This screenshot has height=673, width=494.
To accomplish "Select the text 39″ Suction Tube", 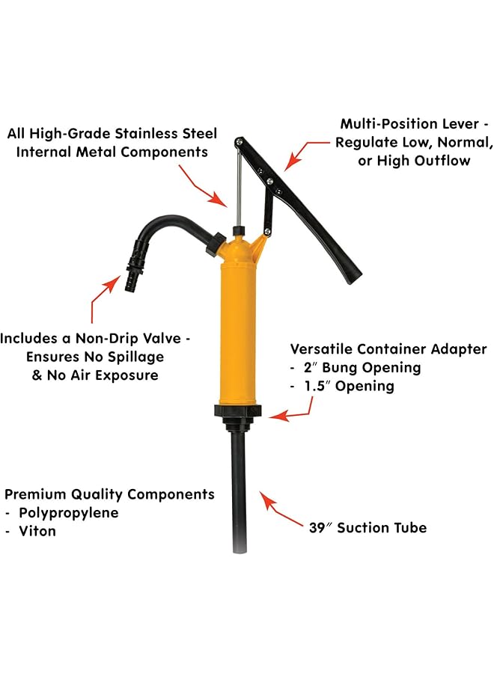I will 368,528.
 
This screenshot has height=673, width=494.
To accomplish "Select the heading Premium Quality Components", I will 110,494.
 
